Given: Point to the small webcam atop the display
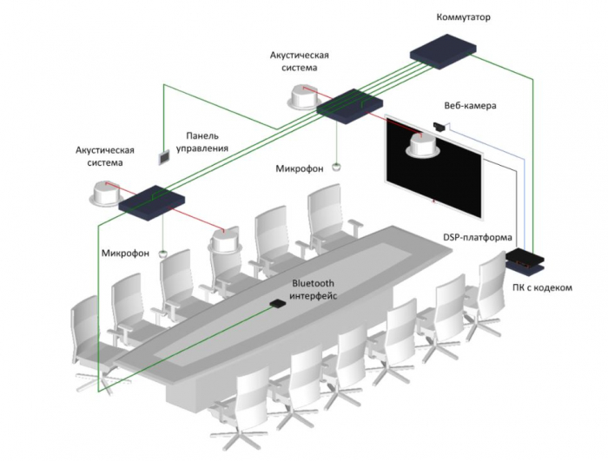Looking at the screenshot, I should [x=441, y=127].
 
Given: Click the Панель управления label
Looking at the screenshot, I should [x=202, y=142].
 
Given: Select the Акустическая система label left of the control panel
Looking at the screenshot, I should [x=105, y=155].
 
